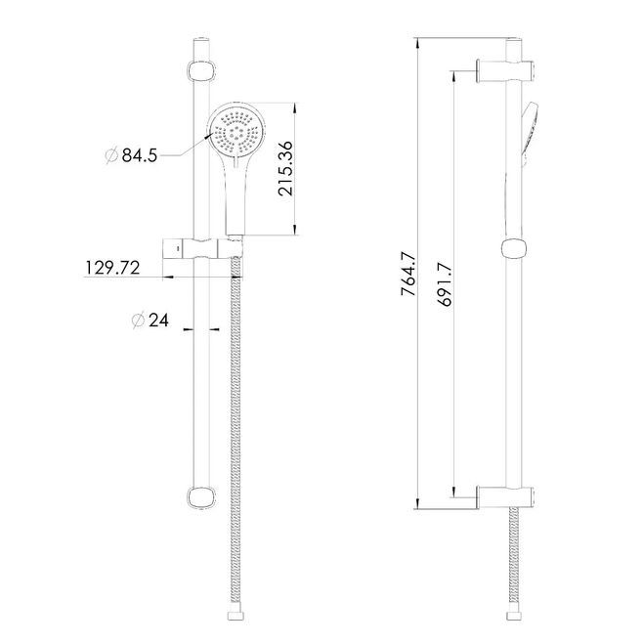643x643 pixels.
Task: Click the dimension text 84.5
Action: (x=140, y=155)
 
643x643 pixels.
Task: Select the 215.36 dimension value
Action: (x=285, y=168)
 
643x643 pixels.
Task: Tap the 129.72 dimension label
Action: (x=112, y=268)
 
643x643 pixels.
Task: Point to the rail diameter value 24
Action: (x=158, y=321)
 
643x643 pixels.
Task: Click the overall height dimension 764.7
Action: (x=408, y=275)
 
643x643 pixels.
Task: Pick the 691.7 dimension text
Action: (x=445, y=284)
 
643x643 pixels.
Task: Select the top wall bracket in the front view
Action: (x=201, y=70)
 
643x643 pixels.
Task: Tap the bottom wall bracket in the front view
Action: (x=201, y=497)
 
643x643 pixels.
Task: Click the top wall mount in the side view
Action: (x=505, y=70)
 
